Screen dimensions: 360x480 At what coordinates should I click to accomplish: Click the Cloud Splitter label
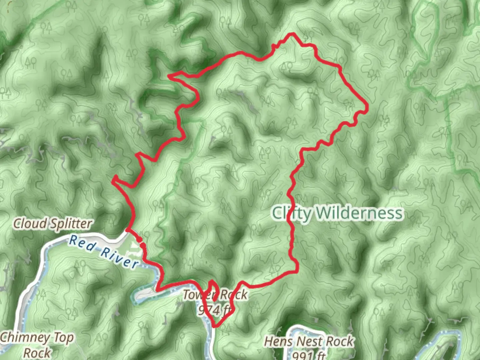click(x=52, y=224)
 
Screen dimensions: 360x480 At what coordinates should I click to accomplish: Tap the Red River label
click(x=103, y=252)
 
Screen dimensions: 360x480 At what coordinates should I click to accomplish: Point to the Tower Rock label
click(x=215, y=295)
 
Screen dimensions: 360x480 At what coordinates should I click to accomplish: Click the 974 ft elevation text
click(x=215, y=310)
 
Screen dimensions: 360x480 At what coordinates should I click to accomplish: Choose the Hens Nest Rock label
click(x=309, y=341)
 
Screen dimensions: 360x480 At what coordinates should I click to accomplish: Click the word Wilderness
click(x=359, y=213)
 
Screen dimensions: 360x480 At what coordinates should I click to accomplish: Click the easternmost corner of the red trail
click(x=367, y=107)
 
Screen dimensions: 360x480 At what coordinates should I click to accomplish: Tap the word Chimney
click(x=25, y=338)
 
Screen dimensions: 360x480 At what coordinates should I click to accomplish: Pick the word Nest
click(x=309, y=341)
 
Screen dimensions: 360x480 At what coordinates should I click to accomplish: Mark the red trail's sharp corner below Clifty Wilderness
click(x=297, y=271)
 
